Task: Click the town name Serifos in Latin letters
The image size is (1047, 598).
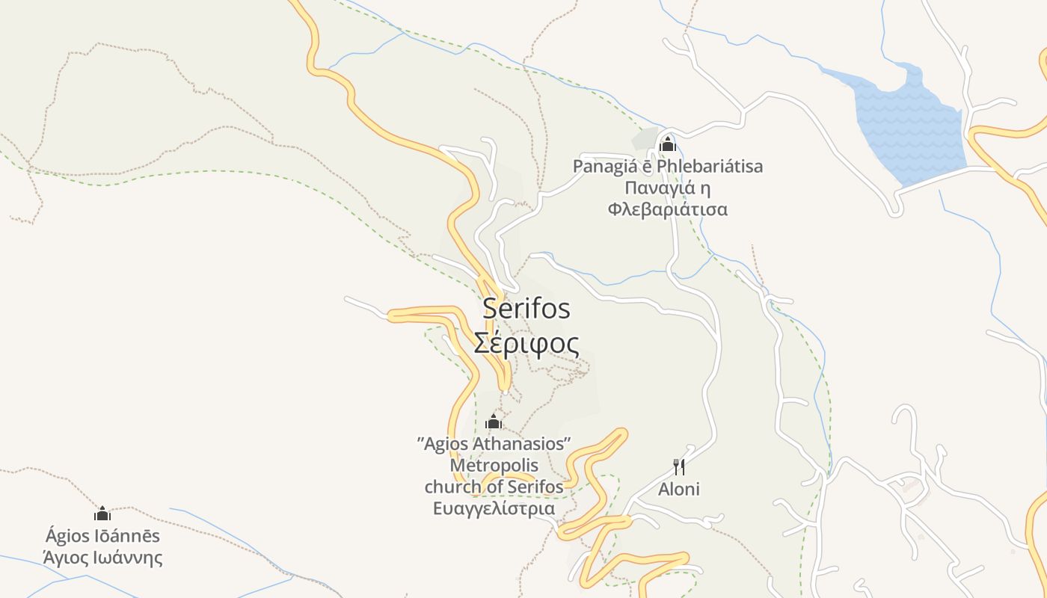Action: (526, 308)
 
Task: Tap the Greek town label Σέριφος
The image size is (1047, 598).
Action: (526, 343)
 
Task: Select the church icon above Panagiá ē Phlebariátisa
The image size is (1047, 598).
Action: (667, 143)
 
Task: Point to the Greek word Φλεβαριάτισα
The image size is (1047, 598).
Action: (667, 209)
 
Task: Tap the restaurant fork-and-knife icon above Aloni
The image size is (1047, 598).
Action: (679, 467)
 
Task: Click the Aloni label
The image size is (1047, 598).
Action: (679, 490)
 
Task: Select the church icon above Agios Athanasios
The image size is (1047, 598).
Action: (493, 422)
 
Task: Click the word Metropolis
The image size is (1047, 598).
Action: (494, 466)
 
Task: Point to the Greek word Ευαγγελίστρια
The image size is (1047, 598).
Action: (494, 509)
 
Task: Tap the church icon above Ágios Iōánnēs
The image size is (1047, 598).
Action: (102, 514)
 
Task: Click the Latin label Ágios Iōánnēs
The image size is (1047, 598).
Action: (102, 536)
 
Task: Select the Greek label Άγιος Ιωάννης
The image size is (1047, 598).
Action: (102, 558)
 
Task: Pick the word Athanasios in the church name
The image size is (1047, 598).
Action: (524, 444)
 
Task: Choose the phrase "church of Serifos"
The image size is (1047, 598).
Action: (494, 487)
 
